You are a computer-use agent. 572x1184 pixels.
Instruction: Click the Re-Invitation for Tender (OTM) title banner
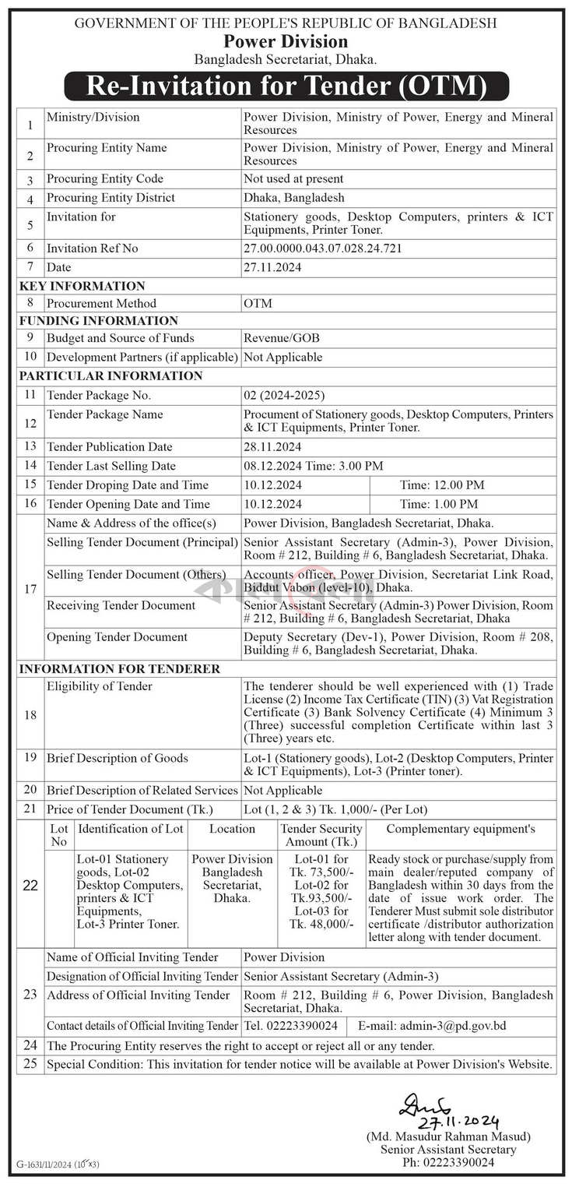(x=286, y=86)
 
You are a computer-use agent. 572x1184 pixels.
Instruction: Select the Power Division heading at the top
(x=286, y=41)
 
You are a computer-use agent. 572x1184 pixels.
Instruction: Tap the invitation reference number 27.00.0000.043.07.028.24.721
(x=324, y=248)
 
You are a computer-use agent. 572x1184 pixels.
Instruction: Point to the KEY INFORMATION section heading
(x=82, y=286)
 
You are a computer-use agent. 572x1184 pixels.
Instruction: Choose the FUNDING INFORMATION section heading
(x=99, y=320)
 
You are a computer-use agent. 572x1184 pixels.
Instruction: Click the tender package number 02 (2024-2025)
(x=284, y=395)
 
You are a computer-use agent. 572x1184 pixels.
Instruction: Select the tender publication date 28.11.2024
(x=272, y=447)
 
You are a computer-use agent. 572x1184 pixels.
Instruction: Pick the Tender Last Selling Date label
(x=111, y=466)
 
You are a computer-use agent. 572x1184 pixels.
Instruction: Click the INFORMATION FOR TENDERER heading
(x=120, y=669)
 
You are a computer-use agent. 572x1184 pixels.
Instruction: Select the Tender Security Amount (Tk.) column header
(x=321, y=835)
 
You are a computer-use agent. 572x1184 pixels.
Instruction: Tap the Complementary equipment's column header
(x=461, y=829)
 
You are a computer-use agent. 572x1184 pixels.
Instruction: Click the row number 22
(x=30, y=886)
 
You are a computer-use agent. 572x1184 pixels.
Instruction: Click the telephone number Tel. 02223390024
(x=290, y=1026)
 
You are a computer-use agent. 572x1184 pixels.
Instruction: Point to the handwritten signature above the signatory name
(x=426, y=1106)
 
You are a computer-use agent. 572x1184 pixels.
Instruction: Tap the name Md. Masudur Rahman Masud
(x=448, y=1137)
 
